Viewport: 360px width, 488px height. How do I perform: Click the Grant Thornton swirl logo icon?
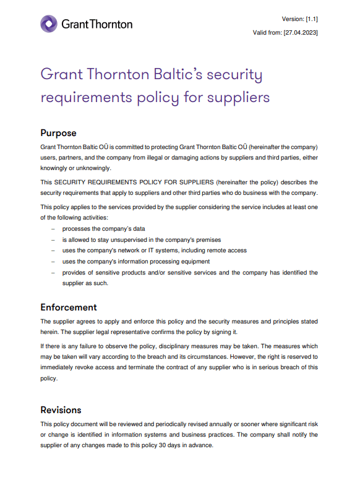(49, 24)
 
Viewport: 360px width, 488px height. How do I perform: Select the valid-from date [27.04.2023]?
(301, 32)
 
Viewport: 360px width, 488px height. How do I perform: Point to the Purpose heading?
(58, 133)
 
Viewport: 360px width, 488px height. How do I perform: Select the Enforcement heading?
(69, 307)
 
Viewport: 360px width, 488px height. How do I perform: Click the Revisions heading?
(61, 410)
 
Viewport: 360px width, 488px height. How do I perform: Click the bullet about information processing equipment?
(135, 261)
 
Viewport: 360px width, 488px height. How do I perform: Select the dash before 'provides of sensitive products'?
(53, 272)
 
